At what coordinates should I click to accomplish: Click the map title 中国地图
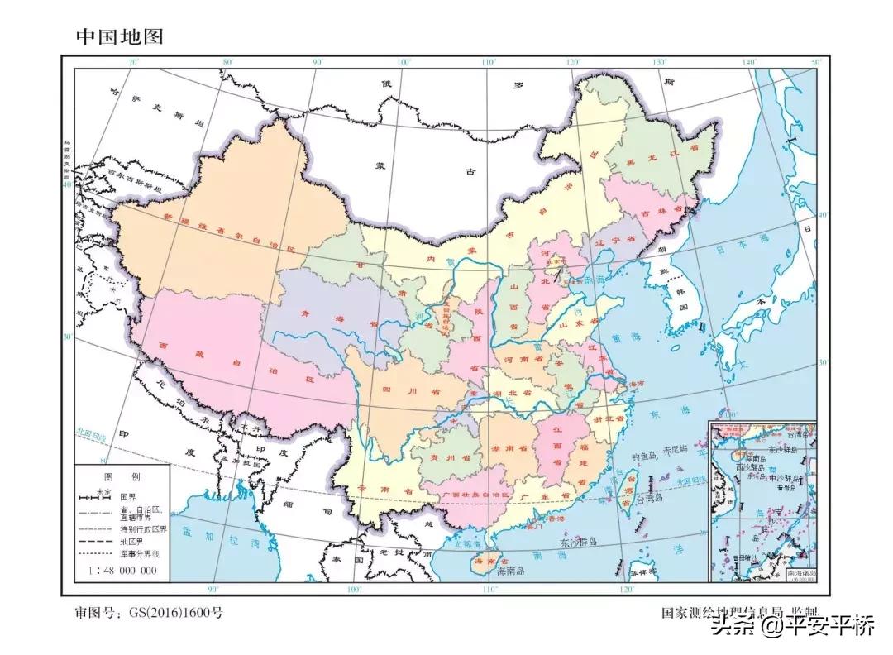click(120, 36)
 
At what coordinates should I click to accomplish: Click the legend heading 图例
click(122, 478)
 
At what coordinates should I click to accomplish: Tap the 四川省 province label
click(399, 390)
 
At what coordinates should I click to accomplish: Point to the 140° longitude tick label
click(749, 63)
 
